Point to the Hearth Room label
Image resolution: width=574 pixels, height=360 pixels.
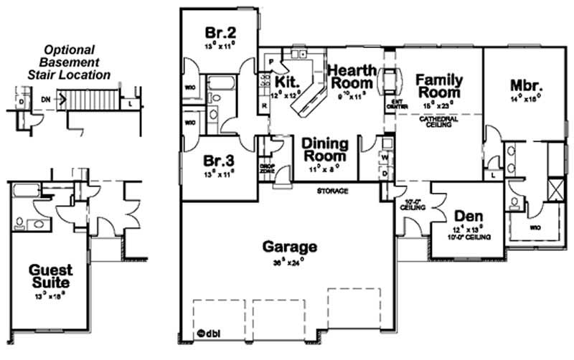point(349,77)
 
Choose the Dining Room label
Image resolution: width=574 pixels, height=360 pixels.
point(324,149)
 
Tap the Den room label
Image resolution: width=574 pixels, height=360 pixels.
point(468,217)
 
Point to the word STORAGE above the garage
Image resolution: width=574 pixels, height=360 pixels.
point(334,191)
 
